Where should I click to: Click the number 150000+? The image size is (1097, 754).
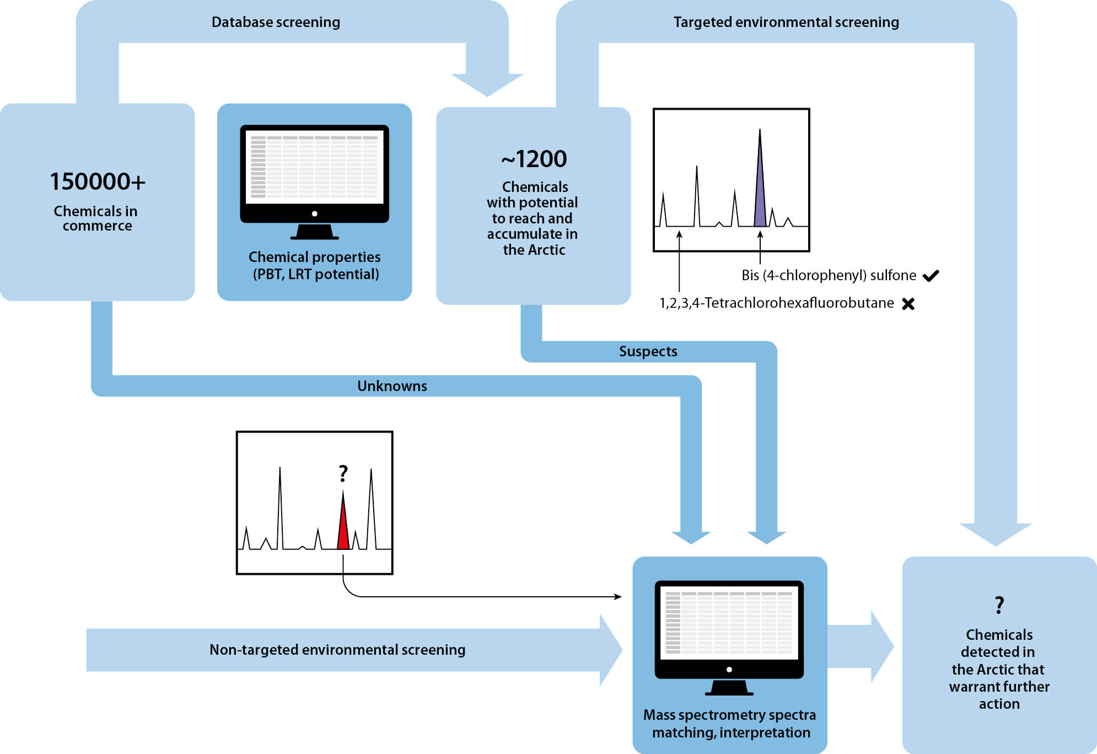[98, 181]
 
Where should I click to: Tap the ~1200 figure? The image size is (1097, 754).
[534, 159]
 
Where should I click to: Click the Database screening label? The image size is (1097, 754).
[276, 22]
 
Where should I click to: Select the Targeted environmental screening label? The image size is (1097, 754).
[786, 22]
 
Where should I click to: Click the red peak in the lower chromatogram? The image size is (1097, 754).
[343, 530]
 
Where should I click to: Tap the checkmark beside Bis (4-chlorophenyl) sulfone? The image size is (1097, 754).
[931, 275]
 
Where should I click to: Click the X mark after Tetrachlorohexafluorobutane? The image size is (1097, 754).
[908, 303]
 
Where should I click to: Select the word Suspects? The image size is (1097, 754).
[648, 351]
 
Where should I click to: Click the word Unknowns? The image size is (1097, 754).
[392, 386]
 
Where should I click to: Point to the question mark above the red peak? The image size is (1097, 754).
[343, 473]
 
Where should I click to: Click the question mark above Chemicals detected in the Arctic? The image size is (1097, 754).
[999, 605]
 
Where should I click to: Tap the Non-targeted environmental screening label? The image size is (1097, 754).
[337, 650]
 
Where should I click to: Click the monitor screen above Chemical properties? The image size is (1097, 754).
[314, 167]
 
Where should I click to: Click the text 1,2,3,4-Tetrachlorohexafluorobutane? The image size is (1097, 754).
[776, 303]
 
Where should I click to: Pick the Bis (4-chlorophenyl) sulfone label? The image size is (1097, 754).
[829, 275]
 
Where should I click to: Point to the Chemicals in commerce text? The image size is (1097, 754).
[96, 218]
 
